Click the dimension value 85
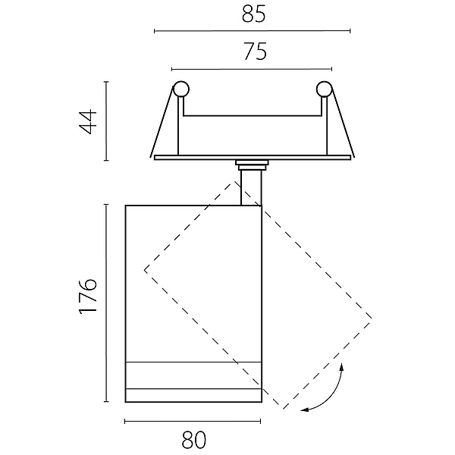point(253,14)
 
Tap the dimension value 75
point(255,52)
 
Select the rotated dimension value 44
point(88,121)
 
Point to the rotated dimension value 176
point(88,296)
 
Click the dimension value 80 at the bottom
point(194,440)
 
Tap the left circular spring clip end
point(180,89)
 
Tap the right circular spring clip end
point(324,89)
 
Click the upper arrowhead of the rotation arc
point(342,366)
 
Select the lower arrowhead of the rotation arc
point(304,409)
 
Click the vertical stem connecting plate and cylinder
point(251,188)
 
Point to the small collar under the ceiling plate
point(252,165)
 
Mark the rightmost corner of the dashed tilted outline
point(371,318)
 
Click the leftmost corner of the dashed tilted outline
point(145,270)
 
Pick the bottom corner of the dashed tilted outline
point(283,409)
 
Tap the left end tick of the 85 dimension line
point(155,31)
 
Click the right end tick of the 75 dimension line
point(331,69)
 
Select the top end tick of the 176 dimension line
point(106,205)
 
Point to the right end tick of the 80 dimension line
point(260,422)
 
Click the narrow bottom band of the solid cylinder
point(193,395)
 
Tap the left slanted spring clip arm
point(162,122)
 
